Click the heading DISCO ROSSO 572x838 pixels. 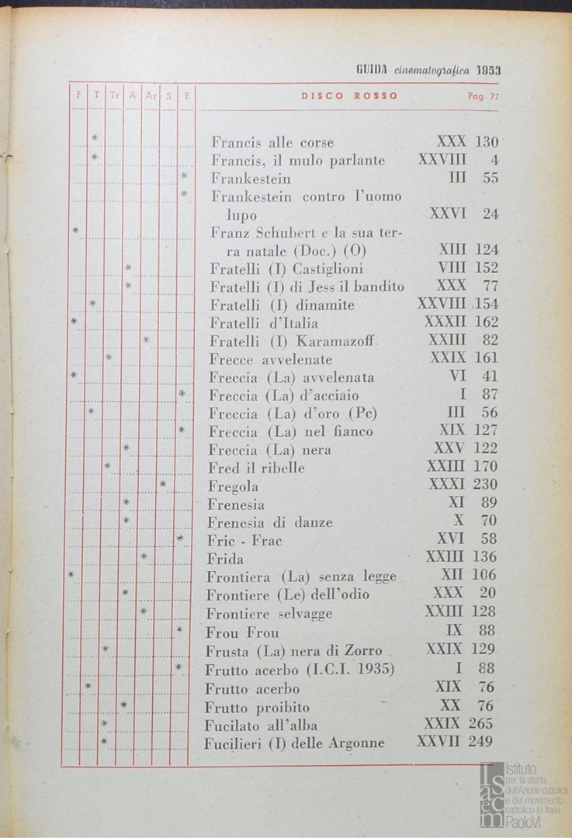[349, 96]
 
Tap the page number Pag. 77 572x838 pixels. [484, 96]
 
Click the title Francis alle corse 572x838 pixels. [272, 143]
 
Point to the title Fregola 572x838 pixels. [233, 487]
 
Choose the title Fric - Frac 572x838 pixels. [244, 541]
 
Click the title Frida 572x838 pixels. [225, 559]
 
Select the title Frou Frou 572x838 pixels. [242, 632]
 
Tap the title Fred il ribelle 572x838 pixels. [256, 468]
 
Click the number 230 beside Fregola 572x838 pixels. [485, 485]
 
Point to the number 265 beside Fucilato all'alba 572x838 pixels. [480, 723]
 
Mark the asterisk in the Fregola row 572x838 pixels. [163, 485]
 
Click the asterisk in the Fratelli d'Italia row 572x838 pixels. [74, 321]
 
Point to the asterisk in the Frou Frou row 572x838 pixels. [179, 629]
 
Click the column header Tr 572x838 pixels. [114, 96]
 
